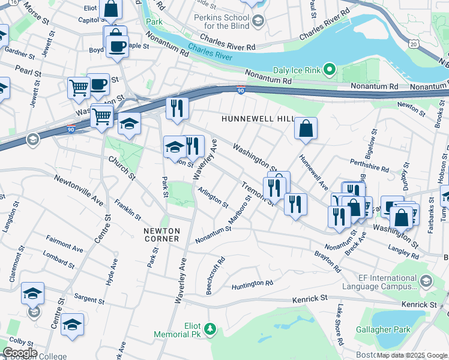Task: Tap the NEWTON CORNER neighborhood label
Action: coord(161,235)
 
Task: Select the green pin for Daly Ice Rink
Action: coord(329,70)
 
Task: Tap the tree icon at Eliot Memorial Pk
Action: coord(209,328)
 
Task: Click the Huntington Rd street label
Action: coord(252,283)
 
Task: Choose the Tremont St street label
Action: coord(258,193)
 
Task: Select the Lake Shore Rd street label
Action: coord(340,325)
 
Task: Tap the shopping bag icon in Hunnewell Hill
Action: coord(306,128)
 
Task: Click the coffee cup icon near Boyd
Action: coord(117,46)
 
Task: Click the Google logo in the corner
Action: coord(19,353)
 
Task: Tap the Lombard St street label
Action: coord(58,259)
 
